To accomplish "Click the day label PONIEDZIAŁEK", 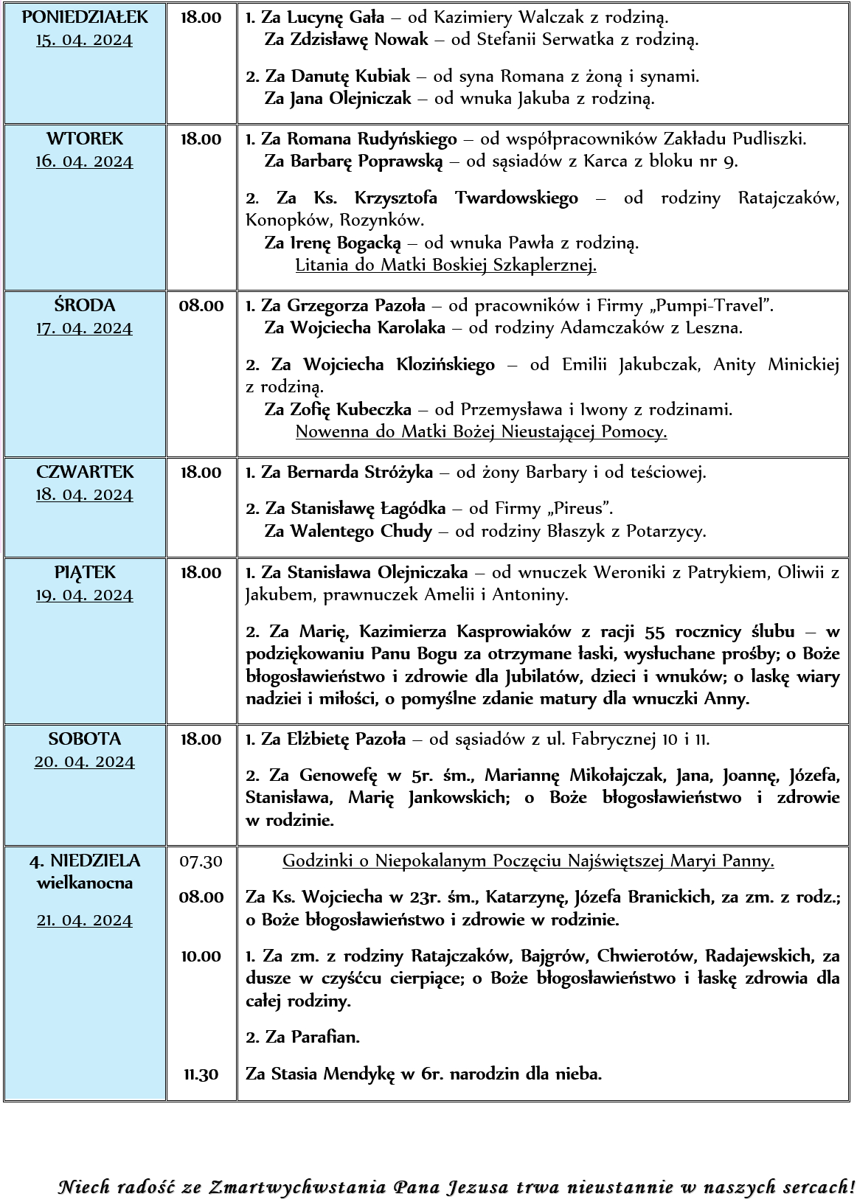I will tap(85, 17).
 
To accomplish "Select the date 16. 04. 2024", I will tap(85, 161).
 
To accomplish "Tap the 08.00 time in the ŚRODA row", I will tap(201, 305).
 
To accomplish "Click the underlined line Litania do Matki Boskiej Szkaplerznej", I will tap(445, 265).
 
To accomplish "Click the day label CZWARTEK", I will tap(85, 472).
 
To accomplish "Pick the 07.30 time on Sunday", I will tap(201, 861).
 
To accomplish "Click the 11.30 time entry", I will tap(201, 1074).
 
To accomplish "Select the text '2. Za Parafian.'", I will tap(302, 1037).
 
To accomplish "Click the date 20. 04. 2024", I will tap(85, 762).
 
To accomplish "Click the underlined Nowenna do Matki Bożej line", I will tap(481, 431).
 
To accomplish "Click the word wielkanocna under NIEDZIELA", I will tap(85, 883).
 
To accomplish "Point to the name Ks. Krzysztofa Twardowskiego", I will tap(465, 198).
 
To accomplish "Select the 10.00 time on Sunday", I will tap(201, 956).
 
